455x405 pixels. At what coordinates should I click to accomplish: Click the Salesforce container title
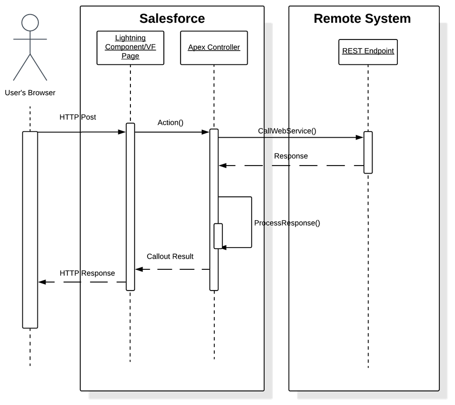172,19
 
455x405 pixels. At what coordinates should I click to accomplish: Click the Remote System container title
362,19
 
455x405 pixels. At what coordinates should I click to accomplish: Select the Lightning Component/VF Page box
130,47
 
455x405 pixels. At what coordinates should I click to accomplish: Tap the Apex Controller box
214,48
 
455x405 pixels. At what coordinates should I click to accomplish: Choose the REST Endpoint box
368,51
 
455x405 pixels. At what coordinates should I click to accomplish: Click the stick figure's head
30,22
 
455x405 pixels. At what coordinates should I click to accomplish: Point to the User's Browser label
30,93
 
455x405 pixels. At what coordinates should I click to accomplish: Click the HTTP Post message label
77,117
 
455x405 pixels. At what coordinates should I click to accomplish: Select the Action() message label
170,123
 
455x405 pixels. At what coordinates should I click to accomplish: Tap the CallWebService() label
287,131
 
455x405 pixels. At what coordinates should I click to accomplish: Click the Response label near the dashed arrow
291,156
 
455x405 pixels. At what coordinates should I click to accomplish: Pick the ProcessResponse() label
287,223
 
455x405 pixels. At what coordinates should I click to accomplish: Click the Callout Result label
170,256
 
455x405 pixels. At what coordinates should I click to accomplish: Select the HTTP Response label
87,273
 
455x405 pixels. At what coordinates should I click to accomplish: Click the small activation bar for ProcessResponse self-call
218,236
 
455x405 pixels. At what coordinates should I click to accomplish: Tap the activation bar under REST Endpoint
368,152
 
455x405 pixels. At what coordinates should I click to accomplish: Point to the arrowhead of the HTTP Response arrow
42,282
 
